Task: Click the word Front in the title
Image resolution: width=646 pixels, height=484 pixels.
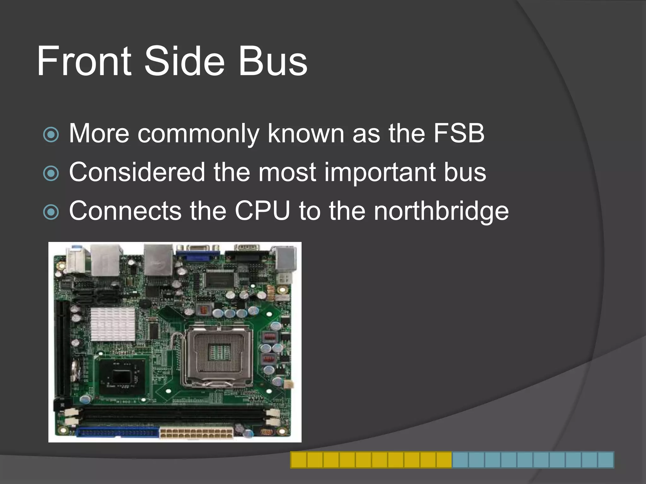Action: pyautogui.click(x=84, y=61)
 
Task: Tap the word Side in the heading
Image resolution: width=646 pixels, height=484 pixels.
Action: pyautogui.click(x=184, y=61)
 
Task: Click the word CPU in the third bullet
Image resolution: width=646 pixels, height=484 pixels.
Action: pyautogui.click(x=262, y=211)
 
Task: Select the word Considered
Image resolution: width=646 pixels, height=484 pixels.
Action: pyautogui.click(x=137, y=172)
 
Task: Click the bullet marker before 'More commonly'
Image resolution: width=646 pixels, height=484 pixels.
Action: pyautogui.click(x=51, y=135)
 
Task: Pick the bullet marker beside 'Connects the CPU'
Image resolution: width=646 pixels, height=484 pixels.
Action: pyautogui.click(x=51, y=212)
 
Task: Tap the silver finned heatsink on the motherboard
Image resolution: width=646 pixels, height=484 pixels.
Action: pyautogui.click(x=113, y=324)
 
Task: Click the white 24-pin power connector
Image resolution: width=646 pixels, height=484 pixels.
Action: pyautogui.click(x=196, y=433)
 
